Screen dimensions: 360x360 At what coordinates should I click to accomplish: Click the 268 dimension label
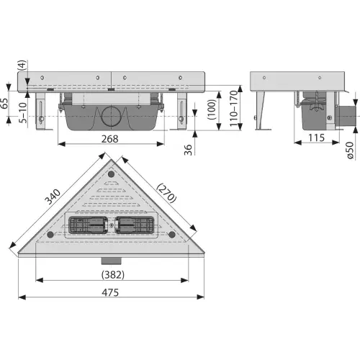109,139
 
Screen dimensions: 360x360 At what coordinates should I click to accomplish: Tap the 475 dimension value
110,292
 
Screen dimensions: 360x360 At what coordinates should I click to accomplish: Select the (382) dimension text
113,275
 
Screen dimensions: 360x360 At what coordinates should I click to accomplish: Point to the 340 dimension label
53,197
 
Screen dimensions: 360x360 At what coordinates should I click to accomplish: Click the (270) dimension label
166,193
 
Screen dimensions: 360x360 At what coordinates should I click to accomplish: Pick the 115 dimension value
316,138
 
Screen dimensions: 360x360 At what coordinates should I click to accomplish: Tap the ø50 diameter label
350,150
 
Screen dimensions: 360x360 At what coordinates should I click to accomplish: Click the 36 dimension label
188,150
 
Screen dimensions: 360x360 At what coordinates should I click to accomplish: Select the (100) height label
212,109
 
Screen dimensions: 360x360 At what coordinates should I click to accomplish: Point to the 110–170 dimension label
233,109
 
